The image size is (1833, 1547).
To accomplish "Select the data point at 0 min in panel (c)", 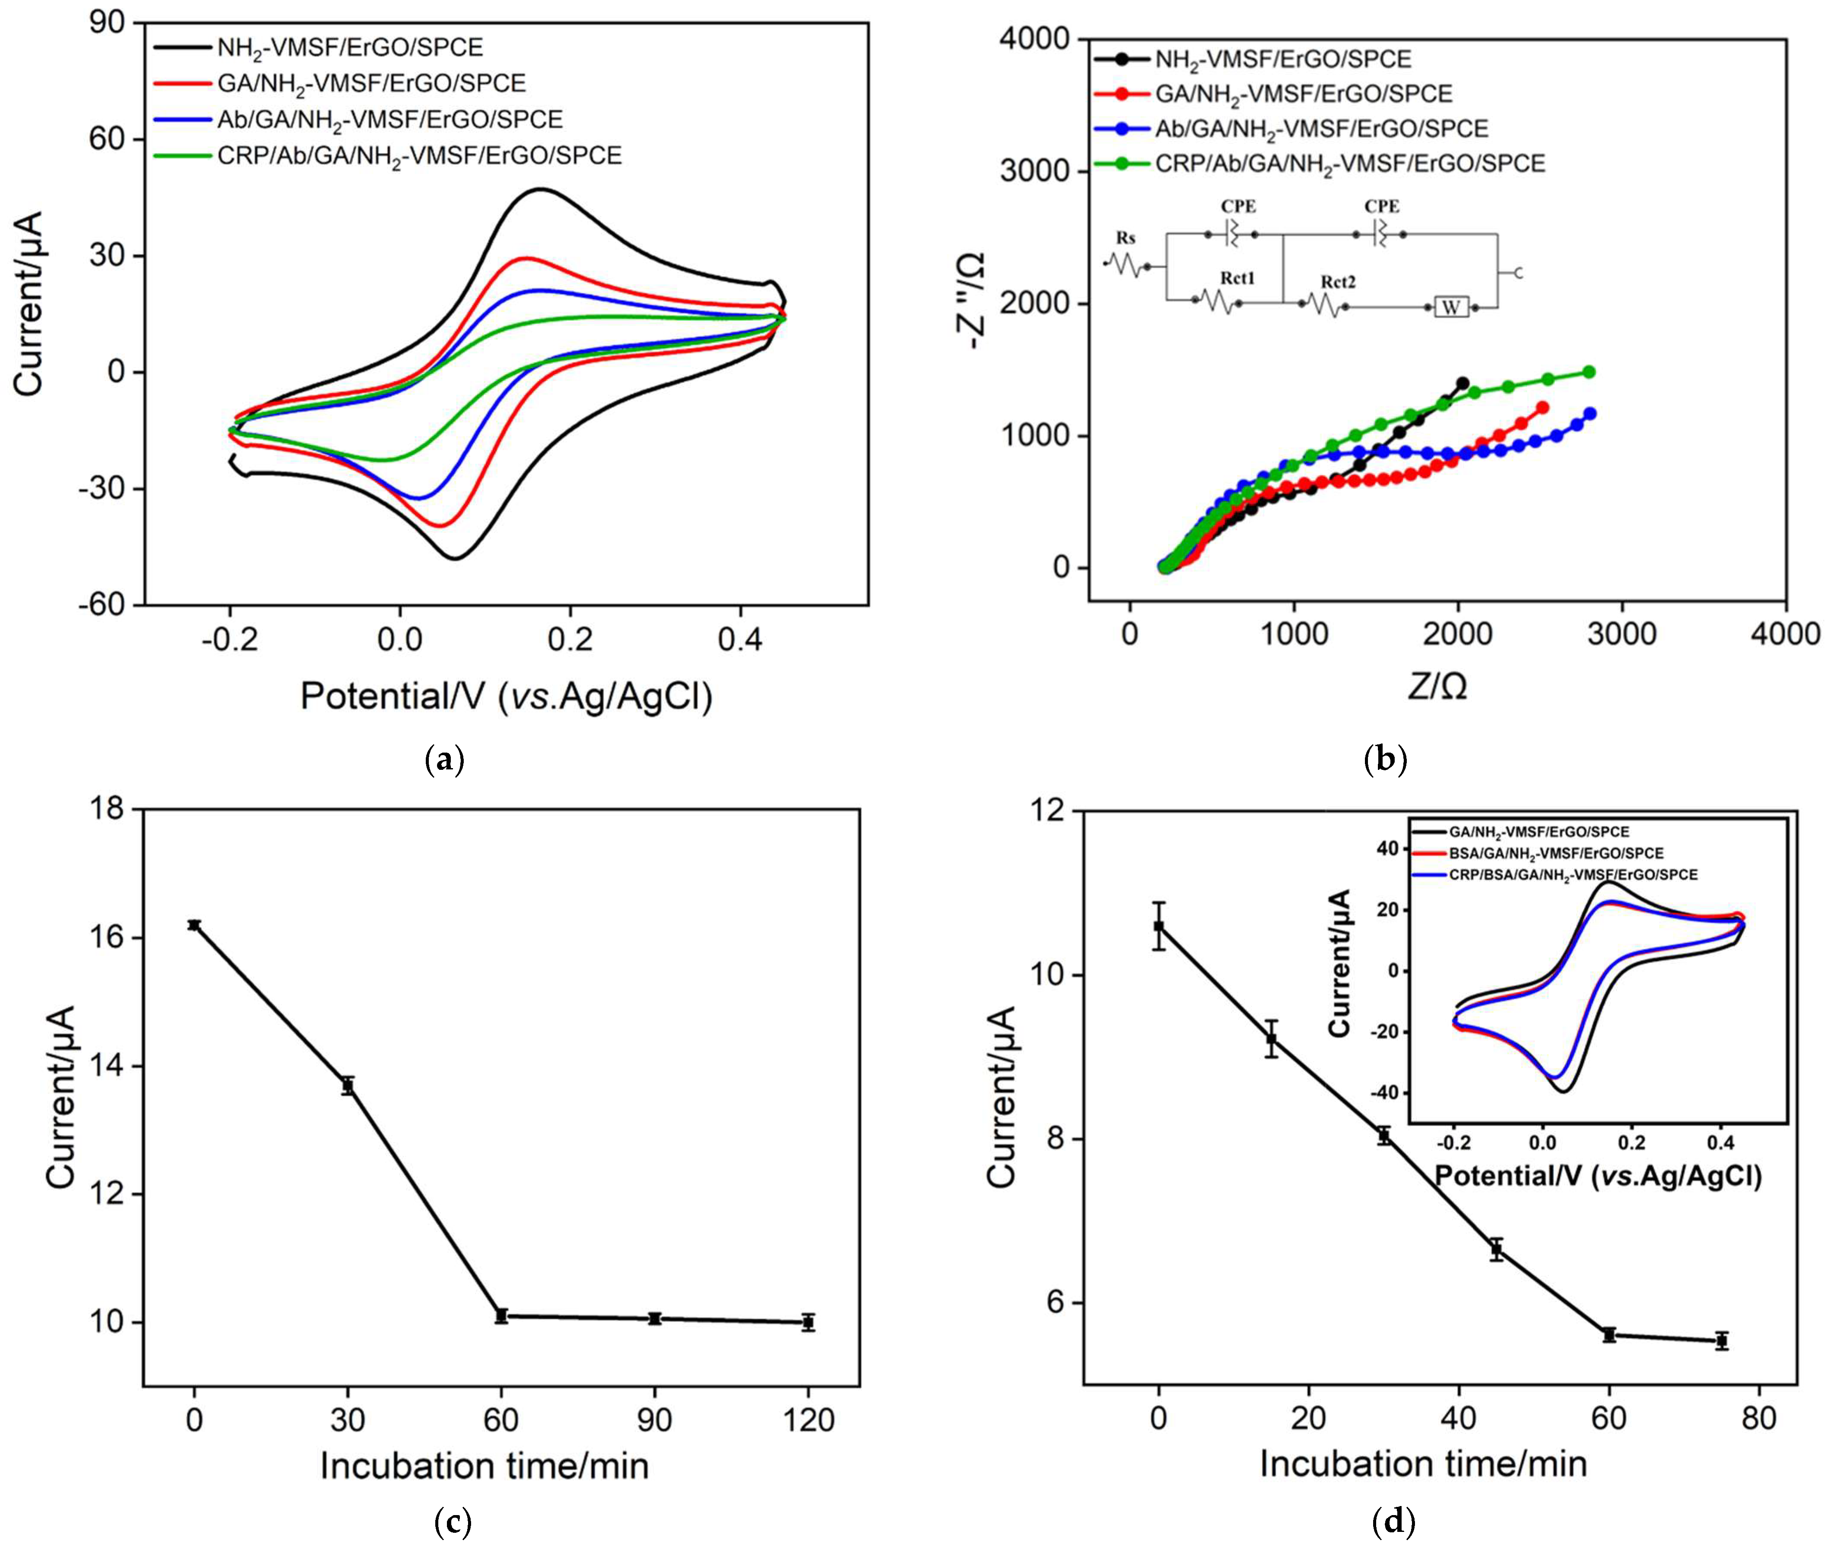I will [194, 924].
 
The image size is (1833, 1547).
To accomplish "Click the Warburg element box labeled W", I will [1452, 308].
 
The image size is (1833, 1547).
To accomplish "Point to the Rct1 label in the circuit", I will [1237, 278].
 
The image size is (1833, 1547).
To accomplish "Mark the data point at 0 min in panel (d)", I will [1159, 926].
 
